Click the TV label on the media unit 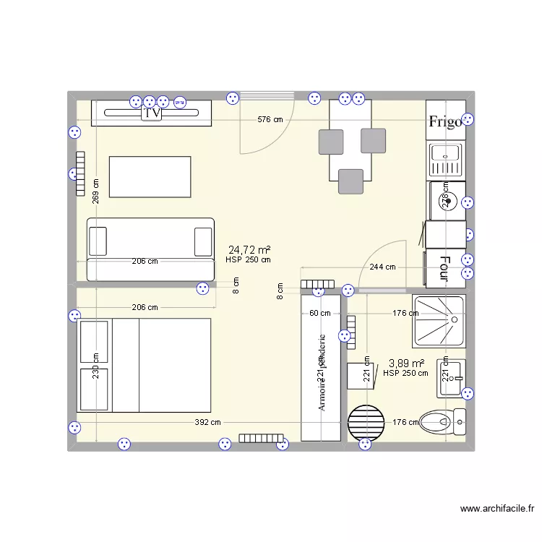click(152, 113)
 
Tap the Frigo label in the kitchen click(444, 121)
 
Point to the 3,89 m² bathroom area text click(406, 364)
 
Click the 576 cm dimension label click(270, 119)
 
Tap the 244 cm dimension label click(382, 267)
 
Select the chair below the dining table click(350, 181)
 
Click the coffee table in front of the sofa click(150, 176)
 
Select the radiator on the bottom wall click(261, 438)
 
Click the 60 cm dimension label click(319, 313)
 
